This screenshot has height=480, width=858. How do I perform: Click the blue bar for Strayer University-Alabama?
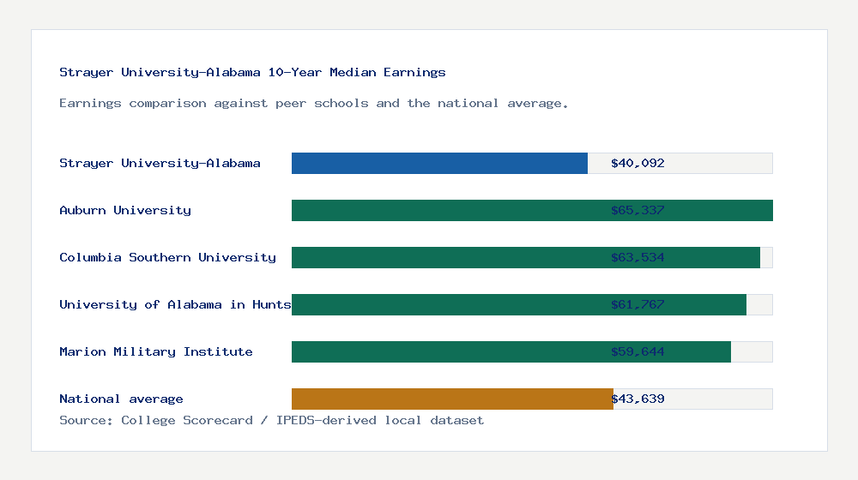pos(439,163)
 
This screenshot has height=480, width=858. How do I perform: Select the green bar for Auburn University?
pos(446,210)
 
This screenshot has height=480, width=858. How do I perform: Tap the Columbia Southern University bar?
pos(446,257)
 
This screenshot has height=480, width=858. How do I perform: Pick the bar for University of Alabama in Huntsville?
pos(446,304)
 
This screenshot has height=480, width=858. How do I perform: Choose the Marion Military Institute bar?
pos(446,351)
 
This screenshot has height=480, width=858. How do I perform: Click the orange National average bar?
pos(452,399)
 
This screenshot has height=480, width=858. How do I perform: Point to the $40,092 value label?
pos(637,163)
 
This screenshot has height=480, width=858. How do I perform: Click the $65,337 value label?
pos(637,210)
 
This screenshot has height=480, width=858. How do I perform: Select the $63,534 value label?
pos(637,257)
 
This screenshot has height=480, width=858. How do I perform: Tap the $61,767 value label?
pos(637,304)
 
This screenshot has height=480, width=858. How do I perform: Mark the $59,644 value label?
pos(637,351)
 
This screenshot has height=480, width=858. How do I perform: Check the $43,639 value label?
pos(637,399)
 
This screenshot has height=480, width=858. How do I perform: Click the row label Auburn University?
pos(125,210)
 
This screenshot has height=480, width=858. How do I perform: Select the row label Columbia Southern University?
pos(167,257)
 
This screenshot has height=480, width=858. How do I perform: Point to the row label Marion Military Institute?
pos(156,351)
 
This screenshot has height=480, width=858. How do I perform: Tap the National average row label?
pos(121,399)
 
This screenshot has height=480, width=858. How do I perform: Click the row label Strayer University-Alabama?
pos(160,163)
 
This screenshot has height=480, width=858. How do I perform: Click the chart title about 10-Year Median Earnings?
pos(252,72)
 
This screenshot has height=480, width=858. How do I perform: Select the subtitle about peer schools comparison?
pos(314,103)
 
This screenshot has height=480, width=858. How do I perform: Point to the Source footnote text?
pos(271,420)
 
